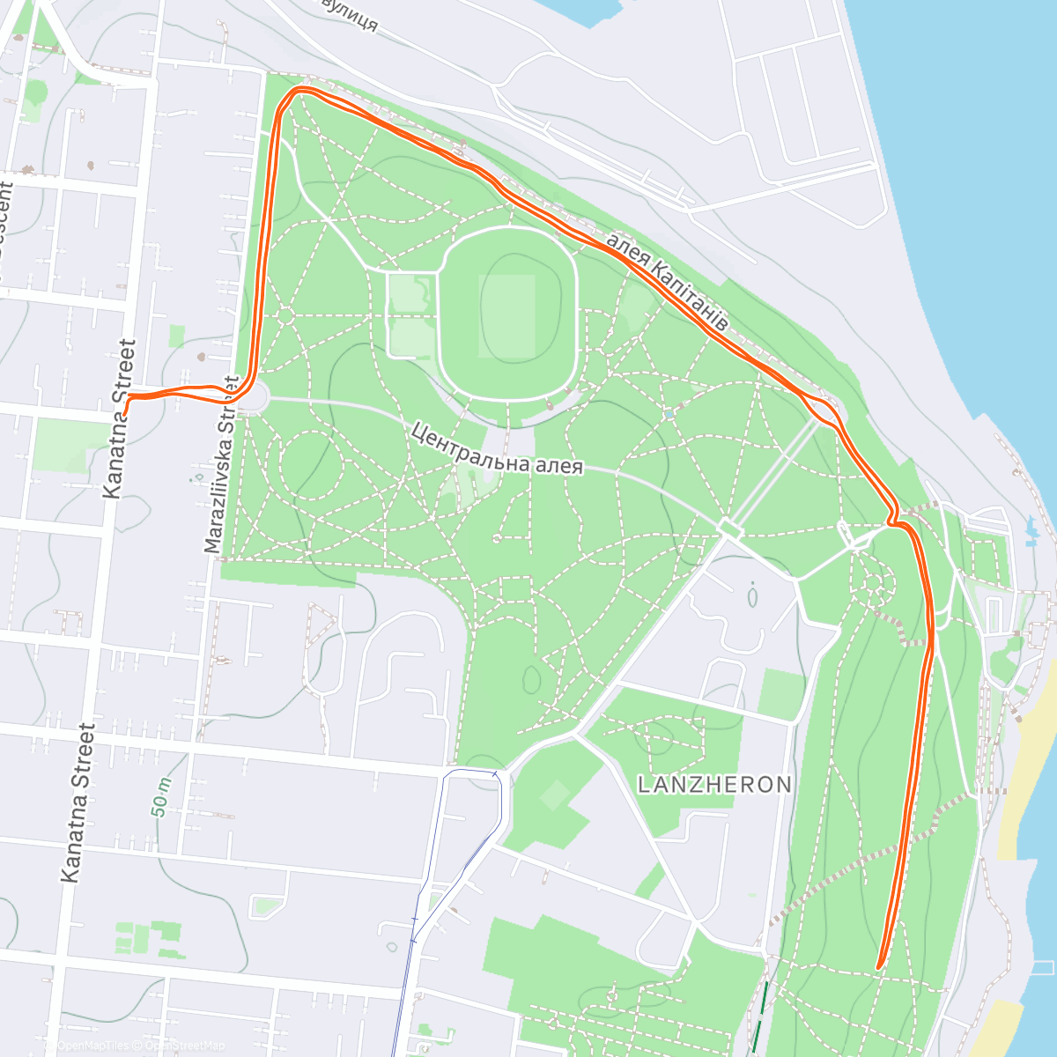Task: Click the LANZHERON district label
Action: click(714, 784)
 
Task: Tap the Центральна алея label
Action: click(497, 449)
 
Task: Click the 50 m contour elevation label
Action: click(160, 797)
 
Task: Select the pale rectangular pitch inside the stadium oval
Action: click(506, 315)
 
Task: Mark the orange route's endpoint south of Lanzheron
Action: click(879, 967)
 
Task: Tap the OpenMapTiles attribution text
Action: click(92, 1046)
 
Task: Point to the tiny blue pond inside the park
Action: click(670, 412)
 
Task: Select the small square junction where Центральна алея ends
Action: click(729, 528)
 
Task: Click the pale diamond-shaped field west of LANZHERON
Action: click(555, 795)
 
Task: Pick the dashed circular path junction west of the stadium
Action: click(285, 314)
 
